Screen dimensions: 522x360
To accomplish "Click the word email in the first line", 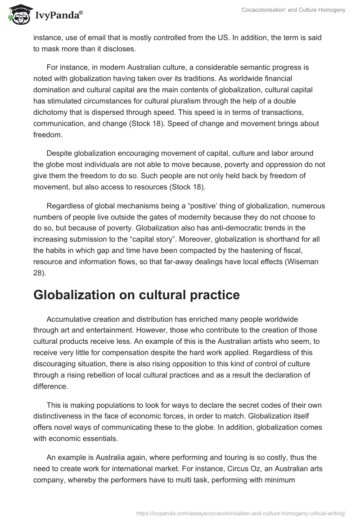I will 106,39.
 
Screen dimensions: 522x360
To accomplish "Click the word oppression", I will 264,165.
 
